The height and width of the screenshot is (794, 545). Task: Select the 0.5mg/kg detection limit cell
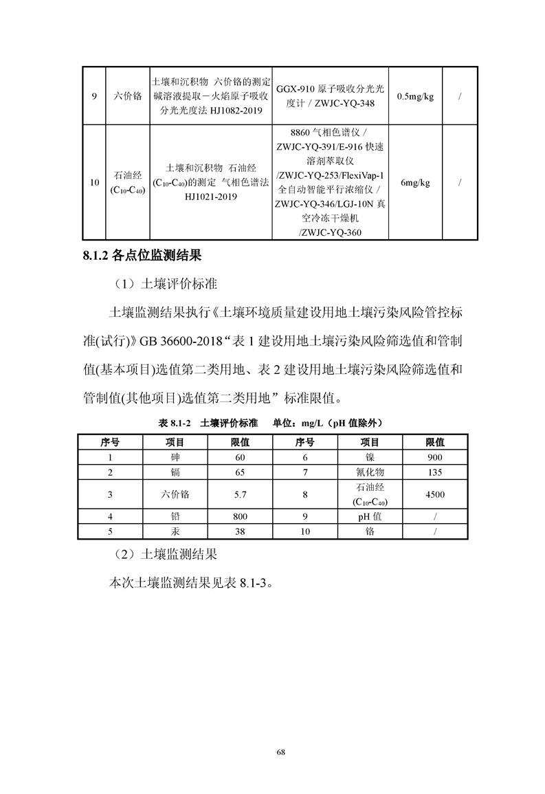(x=415, y=96)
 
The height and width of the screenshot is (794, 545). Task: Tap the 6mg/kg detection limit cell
(x=415, y=182)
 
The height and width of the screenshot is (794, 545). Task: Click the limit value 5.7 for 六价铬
(x=240, y=494)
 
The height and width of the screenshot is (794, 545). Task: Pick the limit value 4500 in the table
(x=434, y=494)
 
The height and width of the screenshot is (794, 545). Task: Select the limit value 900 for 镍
(x=434, y=457)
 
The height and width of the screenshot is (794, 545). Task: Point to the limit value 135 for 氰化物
(x=434, y=472)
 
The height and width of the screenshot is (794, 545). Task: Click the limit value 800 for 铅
(x=240, y=516)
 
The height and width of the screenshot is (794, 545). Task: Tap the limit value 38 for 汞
(x=240, y=531)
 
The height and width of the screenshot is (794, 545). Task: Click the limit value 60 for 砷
(x=240, y=457)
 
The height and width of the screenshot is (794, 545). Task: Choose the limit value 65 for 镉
(x=240, y=472)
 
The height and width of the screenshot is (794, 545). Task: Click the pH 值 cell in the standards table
(x=370, y=516)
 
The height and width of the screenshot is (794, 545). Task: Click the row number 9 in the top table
(x=93, y=96)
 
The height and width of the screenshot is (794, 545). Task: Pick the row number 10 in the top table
(x=93, y=182)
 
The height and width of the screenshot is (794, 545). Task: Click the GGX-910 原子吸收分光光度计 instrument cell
(x=331, y=96)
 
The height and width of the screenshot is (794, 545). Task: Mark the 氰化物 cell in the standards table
(x=370, y=472)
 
